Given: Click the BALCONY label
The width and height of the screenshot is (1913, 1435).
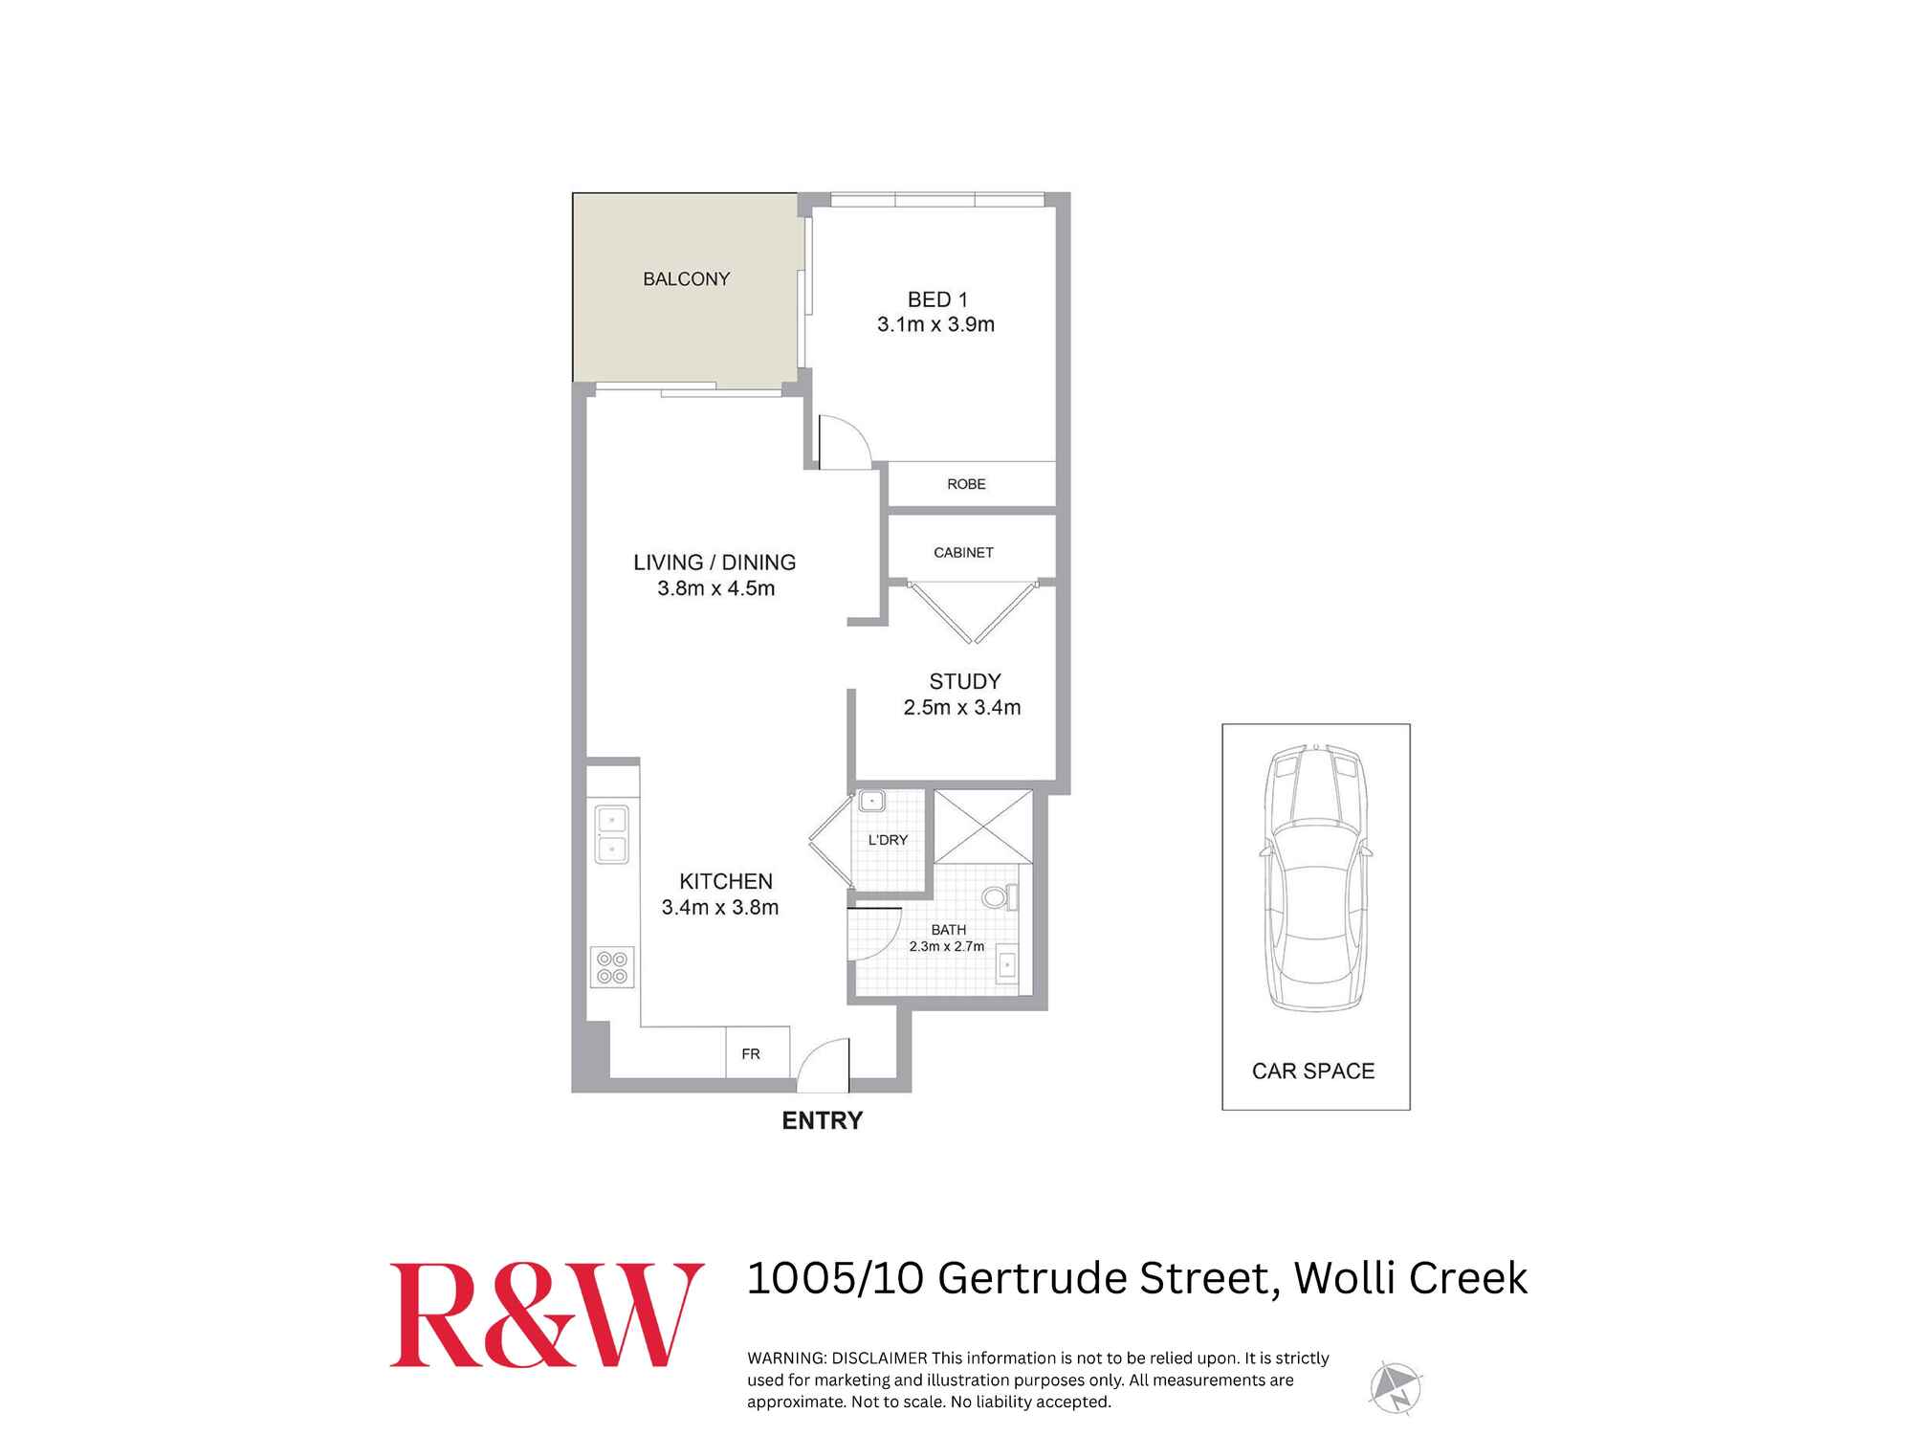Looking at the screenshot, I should pos(686,279).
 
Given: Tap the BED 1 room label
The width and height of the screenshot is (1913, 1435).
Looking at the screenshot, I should pos(937,299).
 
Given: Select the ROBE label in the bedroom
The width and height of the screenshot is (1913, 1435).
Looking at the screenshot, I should pos(966,484).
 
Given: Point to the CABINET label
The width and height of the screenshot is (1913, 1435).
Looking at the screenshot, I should pos(963,553).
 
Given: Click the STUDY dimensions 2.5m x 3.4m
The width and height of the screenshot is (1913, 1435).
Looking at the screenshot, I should pos(962,708).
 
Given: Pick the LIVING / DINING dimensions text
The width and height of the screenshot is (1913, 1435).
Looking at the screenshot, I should pos(715,589).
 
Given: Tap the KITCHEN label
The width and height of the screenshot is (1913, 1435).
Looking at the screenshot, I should pos(725,881).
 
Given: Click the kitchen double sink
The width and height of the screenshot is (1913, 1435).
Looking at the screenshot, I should pos(611,834).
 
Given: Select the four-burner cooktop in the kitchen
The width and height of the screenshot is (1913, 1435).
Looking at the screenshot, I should pos(612,967).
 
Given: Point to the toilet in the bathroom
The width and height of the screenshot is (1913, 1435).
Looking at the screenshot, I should pos(999,897).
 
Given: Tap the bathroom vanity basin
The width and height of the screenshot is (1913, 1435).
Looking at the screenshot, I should pos(1008,966).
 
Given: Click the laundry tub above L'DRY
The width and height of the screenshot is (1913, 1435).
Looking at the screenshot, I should pos(871,802).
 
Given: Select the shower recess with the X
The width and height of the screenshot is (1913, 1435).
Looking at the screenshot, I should pos(982,826).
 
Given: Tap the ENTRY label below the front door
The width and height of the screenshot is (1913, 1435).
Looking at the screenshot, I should pos(822,1120).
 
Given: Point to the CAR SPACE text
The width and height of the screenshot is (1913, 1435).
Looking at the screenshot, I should pos(1312,1071).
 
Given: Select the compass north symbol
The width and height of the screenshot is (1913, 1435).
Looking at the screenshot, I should pos(1395,1388).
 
